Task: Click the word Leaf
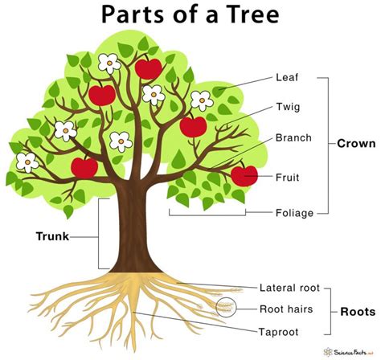pos(288,78)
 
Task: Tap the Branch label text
pos(293,137)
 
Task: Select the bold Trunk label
pos(52,236)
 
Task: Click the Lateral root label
pos(290,287)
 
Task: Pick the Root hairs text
pos(286,308)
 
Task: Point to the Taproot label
pos(281,329)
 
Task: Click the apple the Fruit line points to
pos(244,174)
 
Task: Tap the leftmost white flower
pos(28,162)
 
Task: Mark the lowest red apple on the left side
pos(84,167)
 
